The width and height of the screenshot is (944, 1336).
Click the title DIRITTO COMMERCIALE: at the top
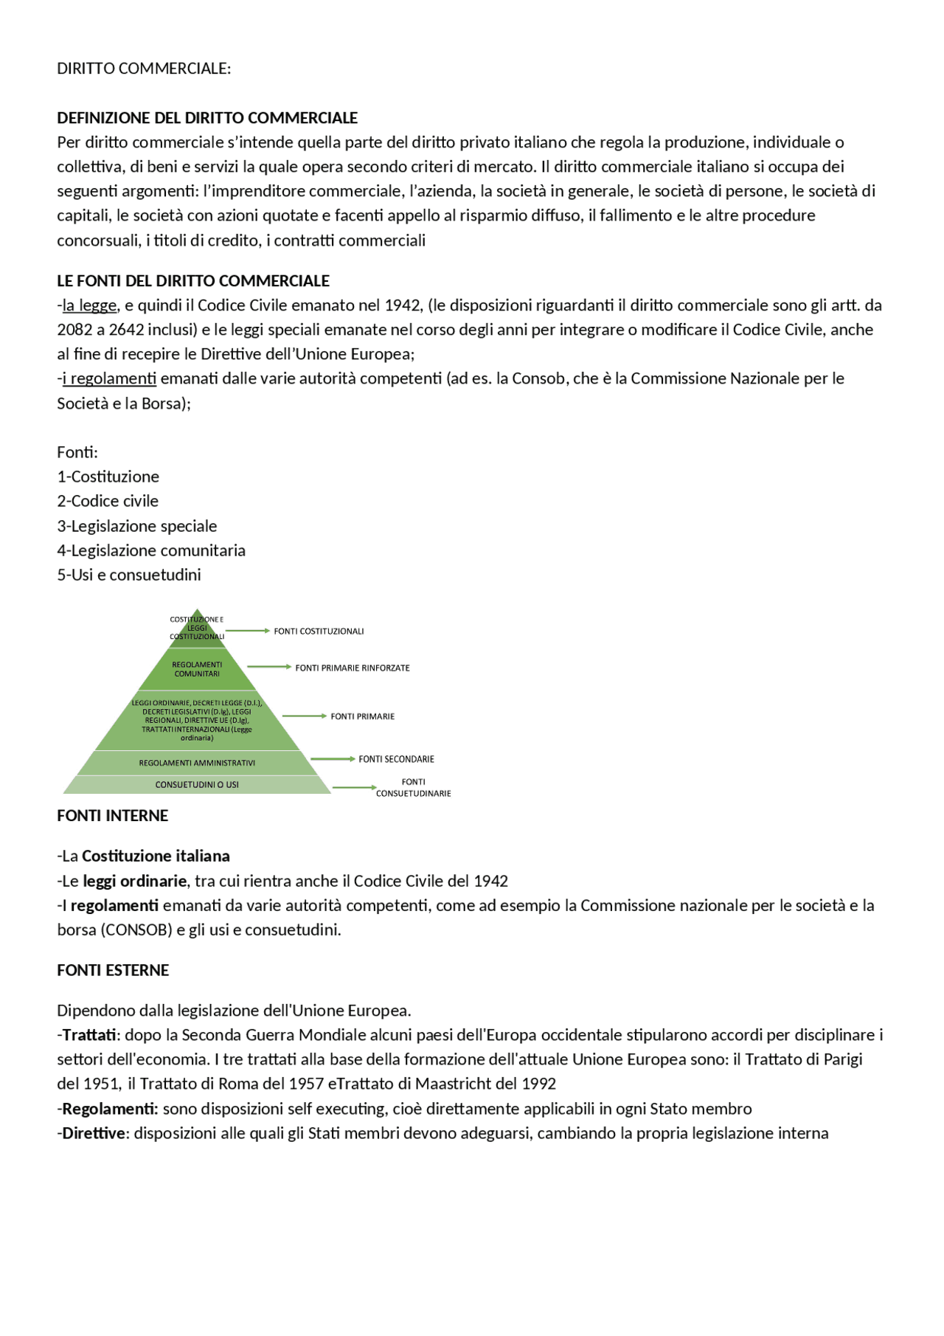tap(144, 69)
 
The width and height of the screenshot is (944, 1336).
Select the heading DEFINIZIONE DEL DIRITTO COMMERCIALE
tap(207, 118)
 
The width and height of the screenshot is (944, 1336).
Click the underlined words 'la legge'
tap(89, 305)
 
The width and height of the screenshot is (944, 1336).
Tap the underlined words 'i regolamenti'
tap(109, 378)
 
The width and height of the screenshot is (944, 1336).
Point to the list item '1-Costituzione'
tap(108, 477)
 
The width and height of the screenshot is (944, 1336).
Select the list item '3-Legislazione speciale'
tap(137, 526)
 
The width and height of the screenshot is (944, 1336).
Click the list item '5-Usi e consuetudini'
tap(129, 575)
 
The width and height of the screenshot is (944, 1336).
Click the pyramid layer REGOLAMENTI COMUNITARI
tap(197, 669)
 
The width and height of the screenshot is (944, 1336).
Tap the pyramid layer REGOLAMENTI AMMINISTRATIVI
tap(197, 763)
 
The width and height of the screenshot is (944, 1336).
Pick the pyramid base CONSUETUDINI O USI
tap(197, 785)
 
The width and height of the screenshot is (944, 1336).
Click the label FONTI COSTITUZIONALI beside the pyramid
tap(319, 631)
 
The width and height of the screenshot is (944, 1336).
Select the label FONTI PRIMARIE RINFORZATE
tap(353, 668)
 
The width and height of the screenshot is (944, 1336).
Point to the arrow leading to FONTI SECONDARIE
tap(333, 759)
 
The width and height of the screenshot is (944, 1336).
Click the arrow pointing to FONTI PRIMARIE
tap(304, 716)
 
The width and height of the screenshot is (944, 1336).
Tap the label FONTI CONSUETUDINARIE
tap(413, 788)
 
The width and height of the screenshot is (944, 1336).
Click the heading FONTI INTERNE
tap(113, 816)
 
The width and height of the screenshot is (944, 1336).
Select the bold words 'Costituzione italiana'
tap(156, 856)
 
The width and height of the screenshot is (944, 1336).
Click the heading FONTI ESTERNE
tap(113, 971)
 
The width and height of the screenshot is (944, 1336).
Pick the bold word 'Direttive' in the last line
tap(93, 1133)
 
